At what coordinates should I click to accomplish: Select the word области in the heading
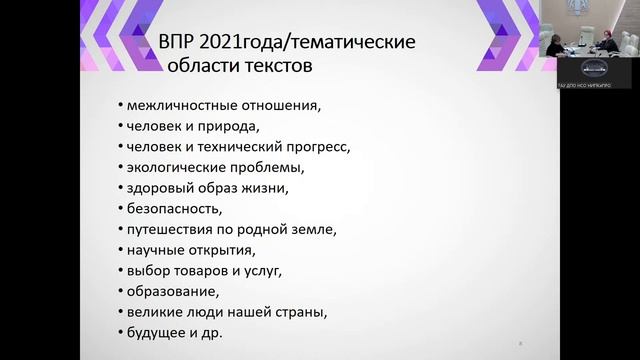click(x=195, y=66)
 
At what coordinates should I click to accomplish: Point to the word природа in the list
click(x=231, y=125)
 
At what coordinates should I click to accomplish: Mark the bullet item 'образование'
click(x=169, y=291)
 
